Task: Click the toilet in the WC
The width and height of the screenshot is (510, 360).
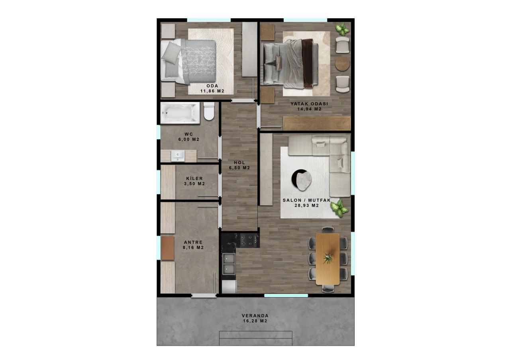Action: click(x=209, y=111)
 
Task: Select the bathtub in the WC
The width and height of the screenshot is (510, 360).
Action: click(x=180, y=113)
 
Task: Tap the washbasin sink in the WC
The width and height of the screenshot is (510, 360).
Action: click(x=178, y=155)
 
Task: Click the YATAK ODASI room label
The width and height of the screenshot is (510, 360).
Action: click(x=309, y=104)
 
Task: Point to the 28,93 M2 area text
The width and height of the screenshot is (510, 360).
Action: click(x=306, y=205)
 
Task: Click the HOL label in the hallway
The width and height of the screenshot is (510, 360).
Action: click(x=239, y=162)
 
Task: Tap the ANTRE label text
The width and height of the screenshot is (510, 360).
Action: click(x=193, y=243)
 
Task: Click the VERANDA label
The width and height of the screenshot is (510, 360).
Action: click(x=255, y=316)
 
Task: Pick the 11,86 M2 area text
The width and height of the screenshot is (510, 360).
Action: click(x=212, y=91)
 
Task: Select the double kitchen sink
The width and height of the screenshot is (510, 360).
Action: click(x=229, y=264)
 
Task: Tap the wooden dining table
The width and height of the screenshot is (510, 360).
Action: click(x=328, y=259)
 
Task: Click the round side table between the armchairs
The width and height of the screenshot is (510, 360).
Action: click(x=342, y=63)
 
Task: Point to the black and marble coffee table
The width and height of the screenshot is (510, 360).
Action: click(x=302, y=180)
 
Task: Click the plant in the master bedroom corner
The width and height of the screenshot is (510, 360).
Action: click(x=342, y=29)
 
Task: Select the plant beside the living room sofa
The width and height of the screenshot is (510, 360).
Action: click(x=339, y=208)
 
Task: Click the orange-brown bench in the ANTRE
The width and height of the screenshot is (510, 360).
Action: click(x=168, y=248)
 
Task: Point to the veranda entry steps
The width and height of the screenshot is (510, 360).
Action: click(x=256, y=338)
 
